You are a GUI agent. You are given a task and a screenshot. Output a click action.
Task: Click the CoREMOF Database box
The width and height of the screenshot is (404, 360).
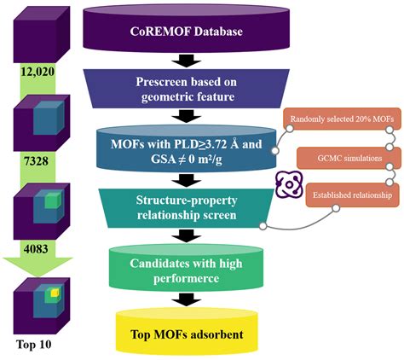click(x=185, y=31)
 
